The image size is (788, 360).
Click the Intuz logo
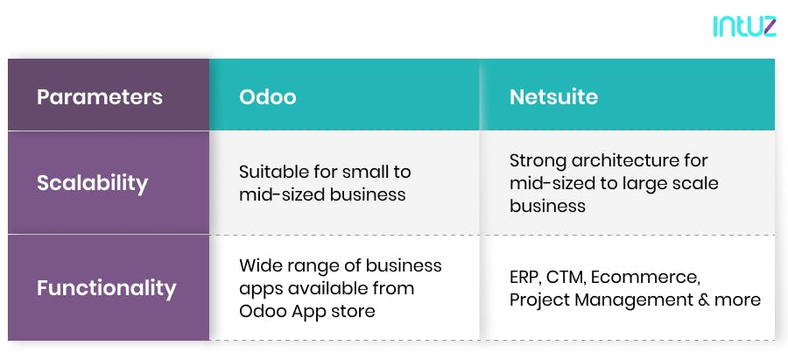[x=744, y=27]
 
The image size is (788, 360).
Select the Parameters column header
[x=100, y=96]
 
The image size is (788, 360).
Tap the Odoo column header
[x=268, y=96]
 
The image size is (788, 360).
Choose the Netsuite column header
[x=553, y=96]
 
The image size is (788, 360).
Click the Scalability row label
[x=92, y=183]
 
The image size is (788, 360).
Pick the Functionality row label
[x=106, y=287]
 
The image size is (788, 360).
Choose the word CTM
[x=570, y=278]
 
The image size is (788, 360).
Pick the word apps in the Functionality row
[x=261, y=288]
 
